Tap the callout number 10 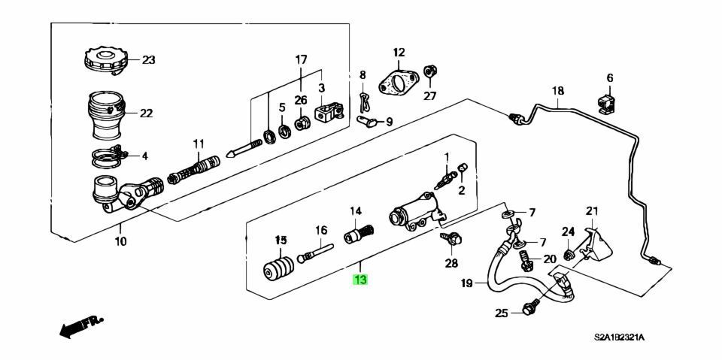click(121, 242)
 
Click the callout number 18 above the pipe click(557, 92)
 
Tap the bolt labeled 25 click(530, 309)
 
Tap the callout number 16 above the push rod click(321, 230)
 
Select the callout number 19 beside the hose click(466, 284)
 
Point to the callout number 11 click(198, 143)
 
